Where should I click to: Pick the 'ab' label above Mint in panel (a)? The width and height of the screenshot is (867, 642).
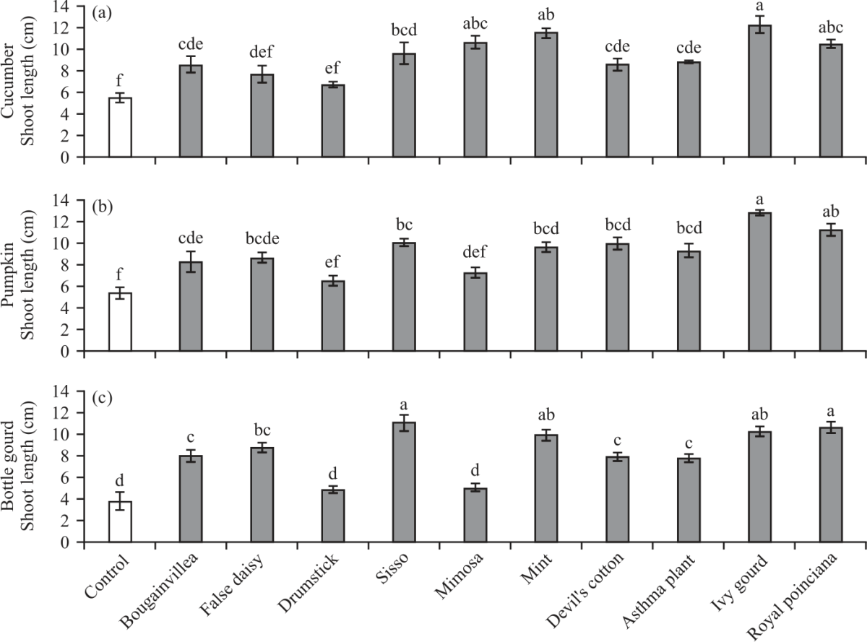546,15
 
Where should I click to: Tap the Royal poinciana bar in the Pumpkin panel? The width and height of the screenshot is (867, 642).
831,290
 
